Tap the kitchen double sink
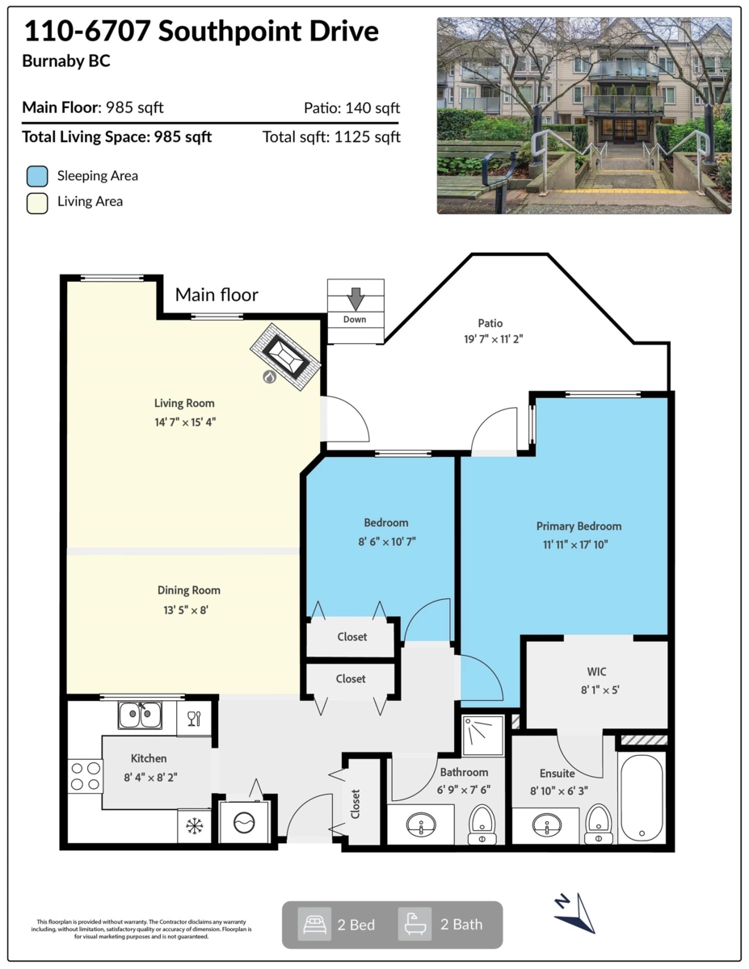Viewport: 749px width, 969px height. pyautogui.click(x=140, y=715)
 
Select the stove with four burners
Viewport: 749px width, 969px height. pyautogui.click(x=85, y=776)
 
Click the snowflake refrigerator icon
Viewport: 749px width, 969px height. pyautogui.click(x=195, y=826)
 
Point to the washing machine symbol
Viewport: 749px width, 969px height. pyautogui.click(x=245, y=821)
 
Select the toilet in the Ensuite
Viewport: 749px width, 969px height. pyautogui.click(x=598, y=824)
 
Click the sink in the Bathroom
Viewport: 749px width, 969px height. pyautogui.click(x=421, y=824)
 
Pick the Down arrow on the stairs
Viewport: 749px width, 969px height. pyautogui.click(x=356, y=299)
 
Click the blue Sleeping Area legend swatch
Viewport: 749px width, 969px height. pyautogui.click(x=37, y=176)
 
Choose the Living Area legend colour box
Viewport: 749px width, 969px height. pyautogui.click(x=37, y=203)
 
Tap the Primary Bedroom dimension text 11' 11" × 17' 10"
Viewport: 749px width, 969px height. pyautogui.click(x=575, y=544)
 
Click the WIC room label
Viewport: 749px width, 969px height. pyautogui.click(x=596, y=672)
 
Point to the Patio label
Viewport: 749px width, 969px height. pyautogui.click(x=490, y=323)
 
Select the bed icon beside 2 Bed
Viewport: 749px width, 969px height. pyautogui.click(x=314, y=925)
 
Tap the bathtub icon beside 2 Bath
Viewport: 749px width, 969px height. pyautogui.click(x=414, y=924)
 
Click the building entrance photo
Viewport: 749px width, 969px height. pyautogui.click(x=584, y=115)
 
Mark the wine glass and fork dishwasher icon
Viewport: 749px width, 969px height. pyautogui.click(x=194, y=719)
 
